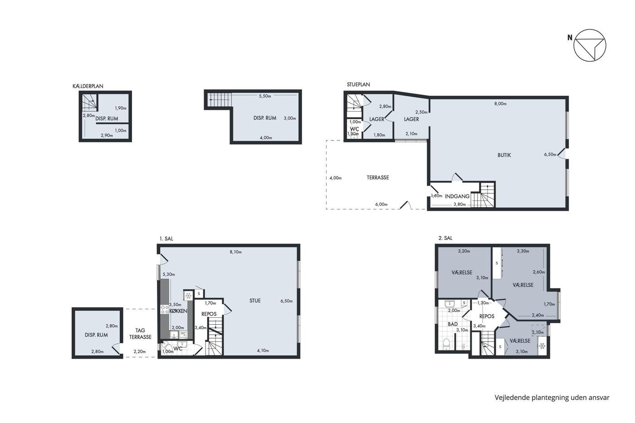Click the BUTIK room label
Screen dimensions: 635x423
coord(504,155)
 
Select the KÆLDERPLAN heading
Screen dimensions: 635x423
coord(88,86)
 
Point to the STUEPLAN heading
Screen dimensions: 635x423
coord(358,84)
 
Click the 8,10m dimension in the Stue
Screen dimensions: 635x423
coord(235,252)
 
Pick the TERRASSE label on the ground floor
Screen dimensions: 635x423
coord(377,178)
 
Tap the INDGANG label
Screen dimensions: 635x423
coord(457,196)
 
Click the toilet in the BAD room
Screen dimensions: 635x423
coord(446,344)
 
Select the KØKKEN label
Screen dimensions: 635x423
coord(178,311)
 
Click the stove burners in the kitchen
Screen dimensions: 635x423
coord(164,309)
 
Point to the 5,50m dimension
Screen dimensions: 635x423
coord(265,96)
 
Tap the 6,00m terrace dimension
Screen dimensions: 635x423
coord(381,204)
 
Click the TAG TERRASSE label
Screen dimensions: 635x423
coord(140,334)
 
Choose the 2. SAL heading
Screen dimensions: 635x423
coord(445,238)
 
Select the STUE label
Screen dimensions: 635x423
coord(255,301)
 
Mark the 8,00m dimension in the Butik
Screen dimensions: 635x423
coord(500,104)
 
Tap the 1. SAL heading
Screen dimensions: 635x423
coord(166,239)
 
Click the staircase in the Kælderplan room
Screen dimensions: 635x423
coord(90,102)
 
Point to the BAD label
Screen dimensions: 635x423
coord(453,324)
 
